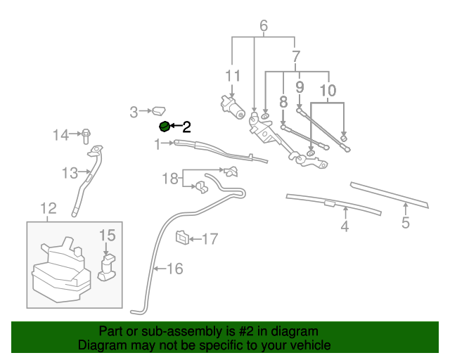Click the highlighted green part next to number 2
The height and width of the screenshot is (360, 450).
click(x=165, y=127)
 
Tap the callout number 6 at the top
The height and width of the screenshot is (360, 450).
click(x=264, y=27)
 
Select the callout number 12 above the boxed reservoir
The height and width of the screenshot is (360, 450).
click(x=48, y=208)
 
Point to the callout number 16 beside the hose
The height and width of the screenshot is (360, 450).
click(x=174, y=268)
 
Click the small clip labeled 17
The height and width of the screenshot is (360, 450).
click(x=181, y=237)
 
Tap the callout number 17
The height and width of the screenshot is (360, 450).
click(x=210, y=239)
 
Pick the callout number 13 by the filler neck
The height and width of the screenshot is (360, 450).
click(x=69, y=173)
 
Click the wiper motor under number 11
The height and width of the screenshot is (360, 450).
click(x=231, y=107)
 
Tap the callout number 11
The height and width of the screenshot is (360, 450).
click(x=233, y=75)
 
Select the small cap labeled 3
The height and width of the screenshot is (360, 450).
click(x=158, y=110)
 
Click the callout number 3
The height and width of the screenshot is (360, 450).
click(x=134, y=111)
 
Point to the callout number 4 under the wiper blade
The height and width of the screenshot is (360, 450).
click(x=345, y=226)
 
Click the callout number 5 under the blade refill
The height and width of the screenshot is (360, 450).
click(x=406, y=224)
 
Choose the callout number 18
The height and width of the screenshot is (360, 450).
click(x=171, y=179)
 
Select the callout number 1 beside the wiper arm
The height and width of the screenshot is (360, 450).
click(x=159, y=144)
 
